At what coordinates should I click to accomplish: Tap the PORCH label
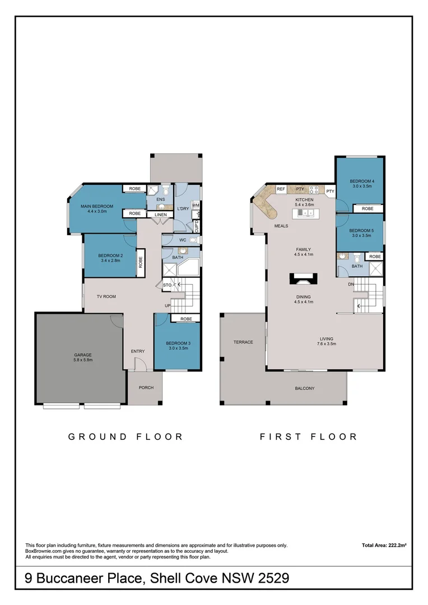(146, 388)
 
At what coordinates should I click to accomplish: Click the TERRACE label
(243, 342)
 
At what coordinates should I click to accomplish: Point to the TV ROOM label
(106, 296)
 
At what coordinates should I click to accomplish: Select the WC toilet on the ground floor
(193, 240)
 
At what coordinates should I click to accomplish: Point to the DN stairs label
(351, 285)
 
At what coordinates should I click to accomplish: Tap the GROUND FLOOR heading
(125, 437)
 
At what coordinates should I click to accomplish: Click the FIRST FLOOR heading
(308, 437)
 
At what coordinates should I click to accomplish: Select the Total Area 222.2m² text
(383, 545)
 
